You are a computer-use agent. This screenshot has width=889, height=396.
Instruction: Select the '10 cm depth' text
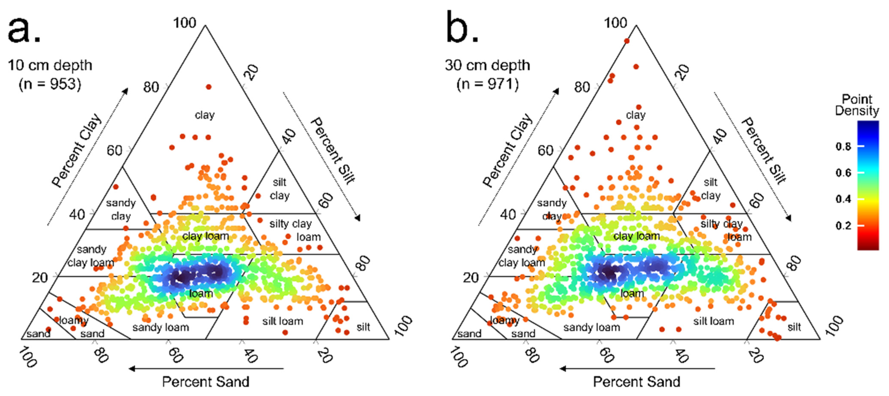tap(50, 65)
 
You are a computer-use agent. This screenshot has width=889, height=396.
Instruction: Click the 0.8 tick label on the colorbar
tap(843, 147)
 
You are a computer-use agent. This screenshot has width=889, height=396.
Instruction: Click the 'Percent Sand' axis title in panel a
tap(206, 381)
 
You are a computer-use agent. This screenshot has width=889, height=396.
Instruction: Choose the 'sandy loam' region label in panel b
tap(592, 327)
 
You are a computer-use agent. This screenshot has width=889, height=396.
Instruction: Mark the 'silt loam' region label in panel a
tap(283, 321)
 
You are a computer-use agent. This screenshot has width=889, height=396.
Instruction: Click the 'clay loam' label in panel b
tap(636, 236)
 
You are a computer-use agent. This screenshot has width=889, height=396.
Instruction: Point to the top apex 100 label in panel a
tap(184, 23)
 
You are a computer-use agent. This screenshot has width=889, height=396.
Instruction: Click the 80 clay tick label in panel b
tap(582, 87)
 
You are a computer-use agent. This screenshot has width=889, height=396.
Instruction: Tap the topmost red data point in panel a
tap(208, 87)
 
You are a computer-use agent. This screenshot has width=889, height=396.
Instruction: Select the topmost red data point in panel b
tap(627, 41)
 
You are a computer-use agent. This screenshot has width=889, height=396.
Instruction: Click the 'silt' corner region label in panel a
tap(363, 327)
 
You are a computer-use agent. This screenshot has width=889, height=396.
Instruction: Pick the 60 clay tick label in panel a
tap(114, 151)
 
